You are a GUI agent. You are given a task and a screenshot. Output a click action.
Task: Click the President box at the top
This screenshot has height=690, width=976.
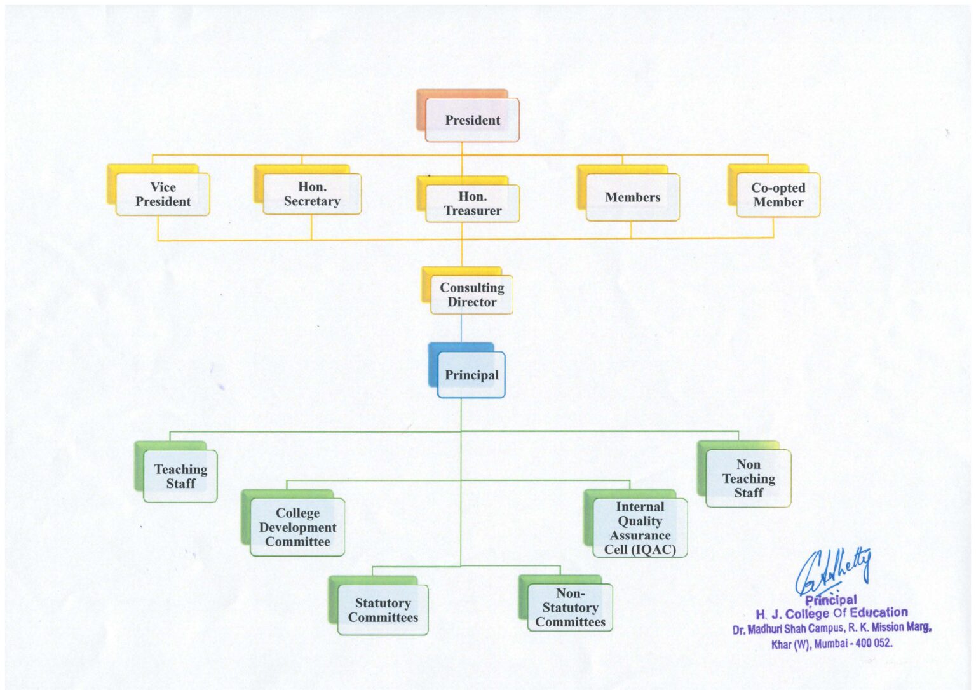pos(472,120)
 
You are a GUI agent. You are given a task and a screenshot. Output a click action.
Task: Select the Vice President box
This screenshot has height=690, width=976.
pos(163,194)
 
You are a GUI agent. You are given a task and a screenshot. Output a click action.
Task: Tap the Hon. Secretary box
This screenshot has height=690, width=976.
pos(312,194)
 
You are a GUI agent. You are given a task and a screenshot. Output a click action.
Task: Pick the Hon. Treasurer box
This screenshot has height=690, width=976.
pos(472,203)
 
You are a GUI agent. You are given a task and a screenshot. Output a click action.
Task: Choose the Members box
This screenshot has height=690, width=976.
pos(632,198)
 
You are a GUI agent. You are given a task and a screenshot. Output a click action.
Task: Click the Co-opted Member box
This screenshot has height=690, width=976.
pos(778,195)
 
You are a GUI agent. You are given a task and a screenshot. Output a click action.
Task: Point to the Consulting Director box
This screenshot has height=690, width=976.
pos(471,295)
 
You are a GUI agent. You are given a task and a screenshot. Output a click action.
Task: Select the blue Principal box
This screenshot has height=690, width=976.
pos(471,375)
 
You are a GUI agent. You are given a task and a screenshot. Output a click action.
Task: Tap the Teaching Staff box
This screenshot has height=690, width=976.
pos(180,476)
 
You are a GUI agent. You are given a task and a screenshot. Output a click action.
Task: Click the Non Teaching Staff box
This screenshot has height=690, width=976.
pos(749,478)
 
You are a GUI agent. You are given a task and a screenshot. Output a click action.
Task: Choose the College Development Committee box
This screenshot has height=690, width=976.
pos(297,527)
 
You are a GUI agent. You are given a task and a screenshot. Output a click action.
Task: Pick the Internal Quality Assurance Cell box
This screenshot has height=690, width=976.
pos(640,528)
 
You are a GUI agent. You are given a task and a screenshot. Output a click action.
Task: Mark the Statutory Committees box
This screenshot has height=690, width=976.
pos(383,610)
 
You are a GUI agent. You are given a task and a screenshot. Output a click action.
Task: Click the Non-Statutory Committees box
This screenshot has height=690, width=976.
pos(570,607)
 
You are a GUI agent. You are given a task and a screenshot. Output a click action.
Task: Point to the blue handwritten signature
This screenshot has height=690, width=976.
pos(833,569)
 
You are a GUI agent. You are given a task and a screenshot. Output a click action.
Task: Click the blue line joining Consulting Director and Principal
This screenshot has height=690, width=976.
pos(461,329)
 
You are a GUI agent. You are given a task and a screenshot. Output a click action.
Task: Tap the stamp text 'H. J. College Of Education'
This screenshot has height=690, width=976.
pos(831,613)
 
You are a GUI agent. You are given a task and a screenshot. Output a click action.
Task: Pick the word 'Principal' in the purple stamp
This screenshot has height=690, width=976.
pos(830,600)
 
